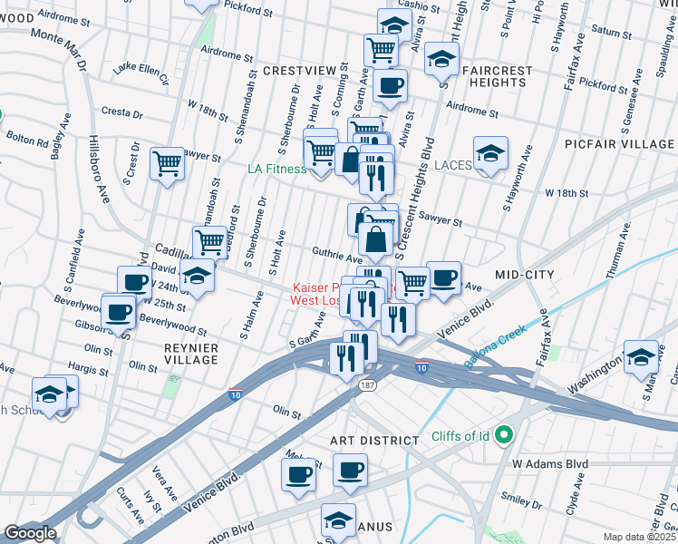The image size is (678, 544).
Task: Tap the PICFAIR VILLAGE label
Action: pyautogui.click(x=630, y=144)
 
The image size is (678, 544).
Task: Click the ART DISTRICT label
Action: pyautogui.click(x=374, y=441)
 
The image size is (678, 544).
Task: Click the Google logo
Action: pyautogui.click(x=30, y=533)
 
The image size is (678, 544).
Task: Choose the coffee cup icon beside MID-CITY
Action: pyautogui.click(x=442, y=277)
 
